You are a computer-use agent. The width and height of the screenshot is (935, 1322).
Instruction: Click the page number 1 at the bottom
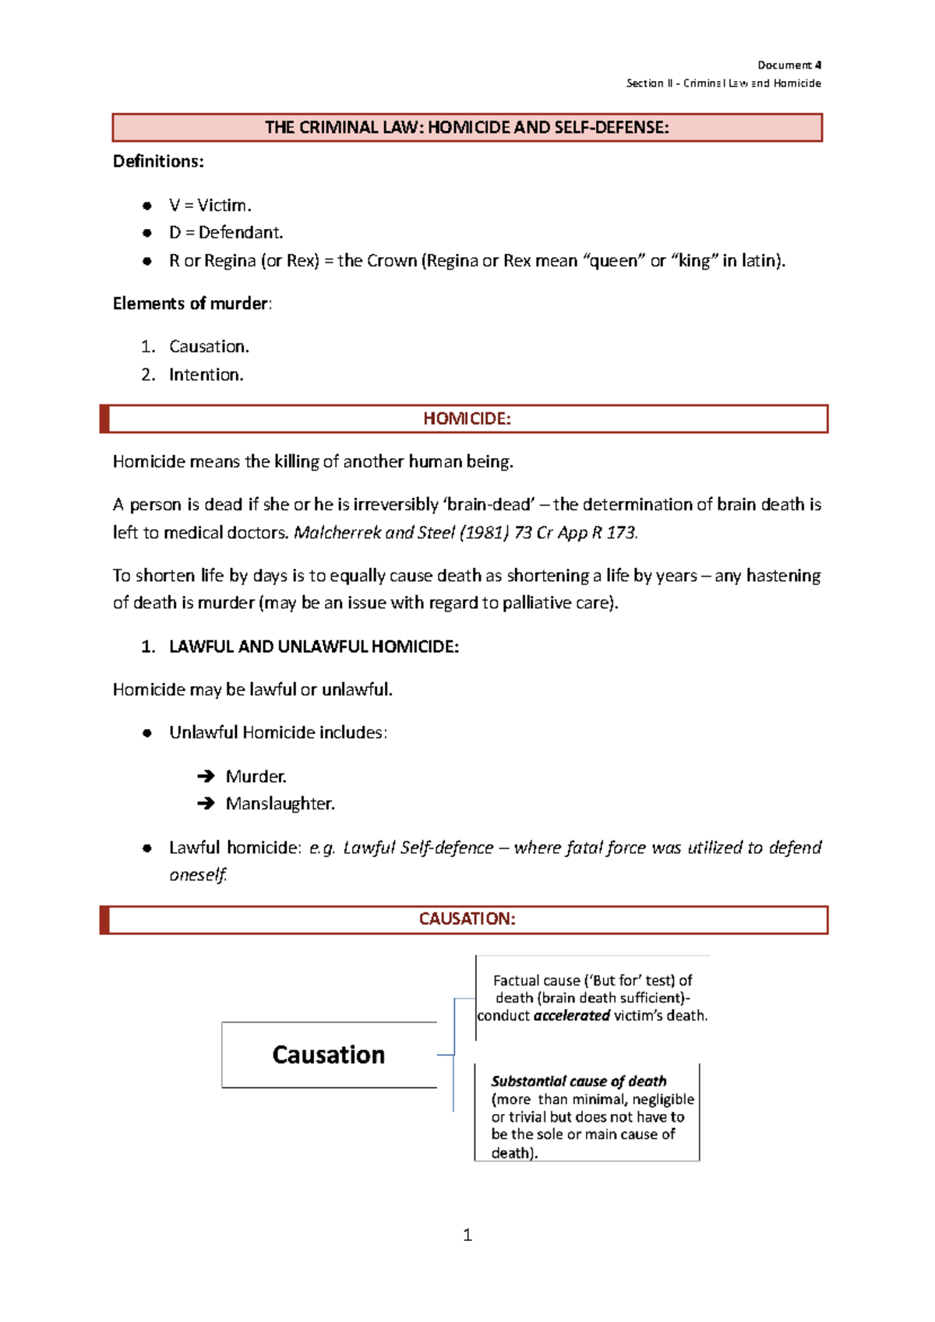click(467, 1235)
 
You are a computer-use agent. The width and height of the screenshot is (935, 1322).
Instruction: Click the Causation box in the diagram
click(329, 1055)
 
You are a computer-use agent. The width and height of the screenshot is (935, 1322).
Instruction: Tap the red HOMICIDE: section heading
click(467, 418)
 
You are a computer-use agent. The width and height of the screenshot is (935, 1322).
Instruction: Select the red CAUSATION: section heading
click(467, 919)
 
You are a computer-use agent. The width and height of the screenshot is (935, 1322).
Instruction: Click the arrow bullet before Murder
click(206, 776)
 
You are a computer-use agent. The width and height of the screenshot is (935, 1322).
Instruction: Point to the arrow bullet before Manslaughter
click(206, 803)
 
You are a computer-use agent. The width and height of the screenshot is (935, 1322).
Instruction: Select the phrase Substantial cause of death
click(578, 1081)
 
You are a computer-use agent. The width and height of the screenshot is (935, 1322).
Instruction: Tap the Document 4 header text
click(789, 65)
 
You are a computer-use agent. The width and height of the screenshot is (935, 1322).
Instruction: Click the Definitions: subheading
click(158, 161)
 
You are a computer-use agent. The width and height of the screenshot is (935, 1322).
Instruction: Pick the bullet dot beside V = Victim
click(146, 206)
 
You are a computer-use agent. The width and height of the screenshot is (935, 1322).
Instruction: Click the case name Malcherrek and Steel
click(374, 533)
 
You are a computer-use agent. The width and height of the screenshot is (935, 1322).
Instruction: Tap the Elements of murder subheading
click(192, 304)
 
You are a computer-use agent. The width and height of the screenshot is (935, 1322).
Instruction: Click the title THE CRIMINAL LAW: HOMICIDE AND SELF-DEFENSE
click(467, 128)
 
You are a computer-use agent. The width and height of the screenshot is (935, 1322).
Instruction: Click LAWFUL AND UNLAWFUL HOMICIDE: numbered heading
click(313, 647)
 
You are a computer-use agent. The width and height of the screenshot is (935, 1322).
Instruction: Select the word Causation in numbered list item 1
click(208, 347)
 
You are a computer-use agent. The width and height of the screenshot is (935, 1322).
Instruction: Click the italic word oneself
click(197, 875)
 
